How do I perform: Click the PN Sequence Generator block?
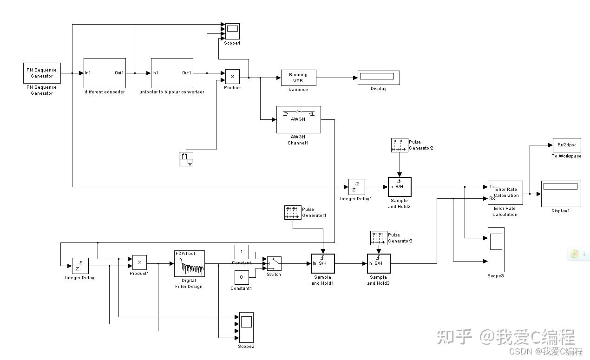[x=42, y=73]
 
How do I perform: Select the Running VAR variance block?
[x=298, y=78]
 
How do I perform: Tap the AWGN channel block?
[x=298, y=119]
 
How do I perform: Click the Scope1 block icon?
[x=232, y=31]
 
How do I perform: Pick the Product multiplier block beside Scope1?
[x=232, y=77]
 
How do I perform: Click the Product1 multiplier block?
[x=139, y=262]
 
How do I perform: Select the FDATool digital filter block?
[x=190, y=263]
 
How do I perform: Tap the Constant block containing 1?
[x=242, y=252]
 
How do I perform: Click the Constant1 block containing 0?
[x=242, y=278]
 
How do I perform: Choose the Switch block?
[x=274, y=264]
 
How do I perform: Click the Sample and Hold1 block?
[x=323, y=264]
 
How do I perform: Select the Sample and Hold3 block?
[x=379, y=264]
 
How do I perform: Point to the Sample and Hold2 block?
[x=400, y=187]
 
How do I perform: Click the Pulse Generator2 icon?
[x=400, y=145]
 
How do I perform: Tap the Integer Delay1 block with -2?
[x=357, y=187]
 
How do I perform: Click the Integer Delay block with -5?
[x=80, y=266]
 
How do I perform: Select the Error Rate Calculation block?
[x=505, y=193]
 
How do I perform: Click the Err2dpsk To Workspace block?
[x=567, y=145]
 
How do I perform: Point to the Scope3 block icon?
[x=496, y=249]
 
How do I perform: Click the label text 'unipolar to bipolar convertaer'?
[x=172, y=92]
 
